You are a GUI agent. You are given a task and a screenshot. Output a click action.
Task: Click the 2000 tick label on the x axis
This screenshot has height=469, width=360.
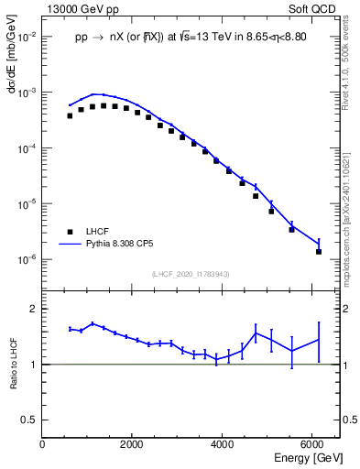pos(133,444)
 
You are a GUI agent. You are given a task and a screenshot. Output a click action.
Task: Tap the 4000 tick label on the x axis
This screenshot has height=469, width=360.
pos(223,444)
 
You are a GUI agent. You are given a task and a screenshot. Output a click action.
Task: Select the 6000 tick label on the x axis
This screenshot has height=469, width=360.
pos(313,444)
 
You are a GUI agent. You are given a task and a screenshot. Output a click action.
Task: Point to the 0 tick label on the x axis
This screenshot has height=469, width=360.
pos(42,444)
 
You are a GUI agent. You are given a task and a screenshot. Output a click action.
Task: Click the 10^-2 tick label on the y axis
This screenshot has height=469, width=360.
pos(27,38)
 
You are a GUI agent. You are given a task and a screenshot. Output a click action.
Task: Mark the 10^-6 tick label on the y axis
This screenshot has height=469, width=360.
pos(27,259)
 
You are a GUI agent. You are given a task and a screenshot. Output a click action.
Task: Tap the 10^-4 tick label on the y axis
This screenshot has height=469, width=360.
pos(27,148)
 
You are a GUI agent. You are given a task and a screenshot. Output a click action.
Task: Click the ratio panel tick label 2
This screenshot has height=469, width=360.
pos(34,309)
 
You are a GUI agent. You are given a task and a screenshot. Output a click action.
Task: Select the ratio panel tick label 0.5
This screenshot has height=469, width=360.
pos(30,420)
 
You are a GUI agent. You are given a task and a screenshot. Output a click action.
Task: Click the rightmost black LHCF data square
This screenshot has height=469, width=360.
pos(319,251)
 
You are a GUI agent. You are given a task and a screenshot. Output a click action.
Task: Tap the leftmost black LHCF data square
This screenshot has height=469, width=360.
pos(70,115)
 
